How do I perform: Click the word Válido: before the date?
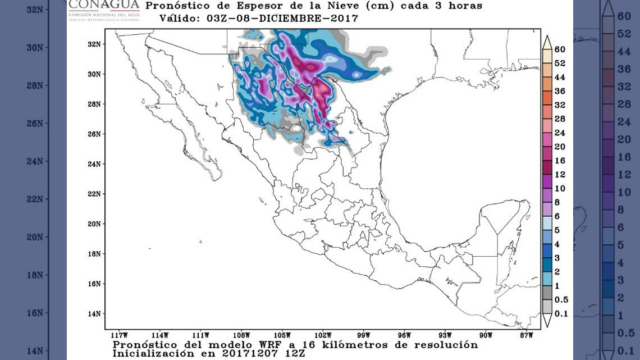click(x=181, y=18)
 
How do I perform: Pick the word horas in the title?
click(x=464, y=6)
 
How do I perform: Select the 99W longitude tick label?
click(x=363, y=335)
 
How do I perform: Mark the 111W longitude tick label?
click(x=200, y=335)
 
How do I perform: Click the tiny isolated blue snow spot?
click(x=351, y=132)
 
